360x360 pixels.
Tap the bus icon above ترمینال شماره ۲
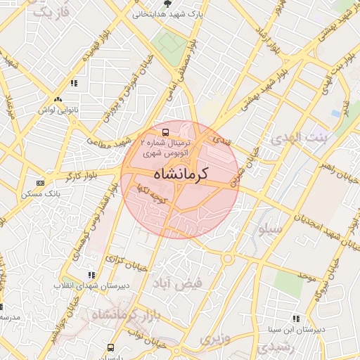165,131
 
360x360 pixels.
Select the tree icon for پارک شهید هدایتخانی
167,4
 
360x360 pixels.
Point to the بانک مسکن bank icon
39,183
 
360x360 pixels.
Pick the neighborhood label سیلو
271,229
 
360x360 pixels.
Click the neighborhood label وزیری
214,340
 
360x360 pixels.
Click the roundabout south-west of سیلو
226,257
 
